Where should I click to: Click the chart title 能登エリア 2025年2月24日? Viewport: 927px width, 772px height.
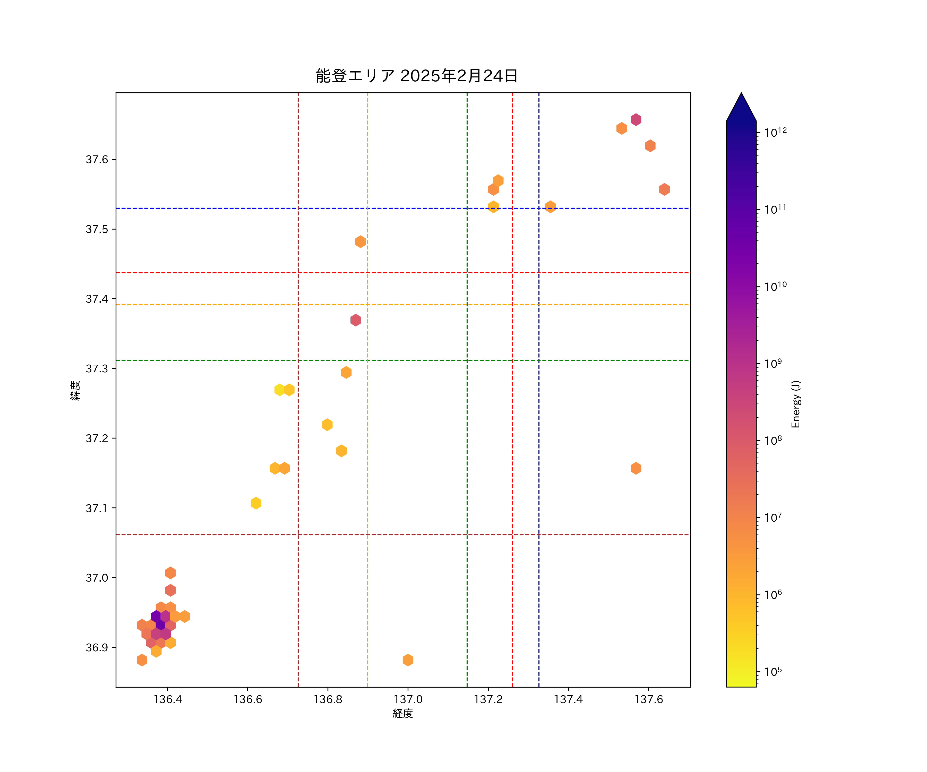point(416,76)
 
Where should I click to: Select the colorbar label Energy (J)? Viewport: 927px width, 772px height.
point(795,404)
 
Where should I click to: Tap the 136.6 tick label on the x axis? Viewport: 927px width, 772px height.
point(248,699)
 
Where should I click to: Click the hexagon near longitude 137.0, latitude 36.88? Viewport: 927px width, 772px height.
point(408,660)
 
